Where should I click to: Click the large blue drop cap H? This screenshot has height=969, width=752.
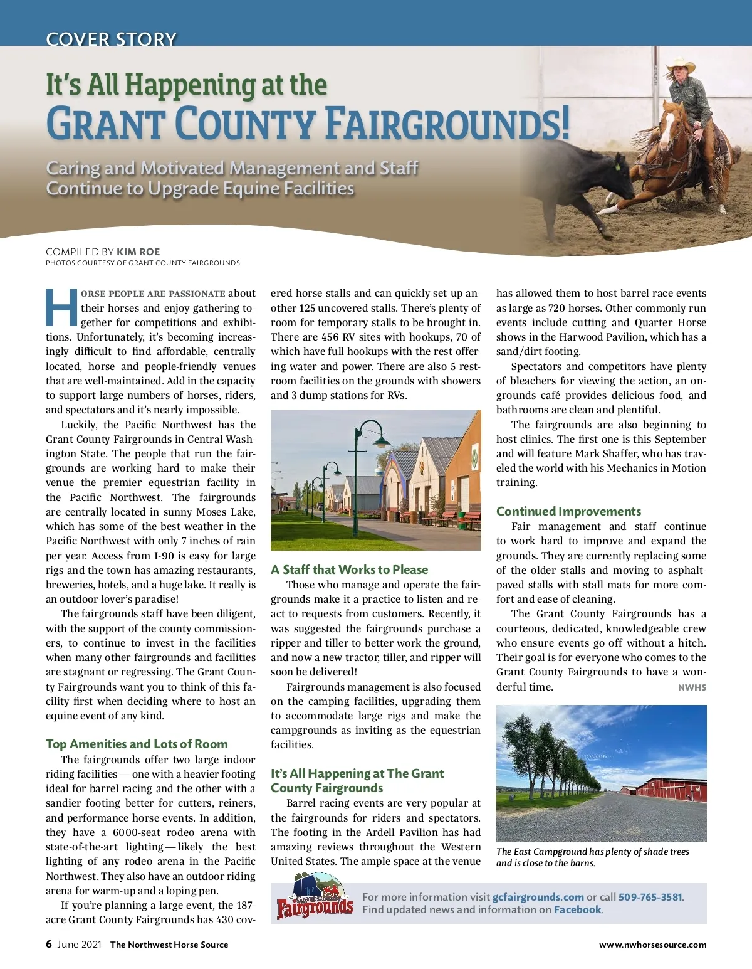[61, 308]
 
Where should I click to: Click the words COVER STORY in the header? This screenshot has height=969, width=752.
[111, 39]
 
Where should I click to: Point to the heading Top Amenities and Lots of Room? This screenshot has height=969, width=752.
[137, 744]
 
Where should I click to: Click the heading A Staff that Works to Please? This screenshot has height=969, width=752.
[349, 569]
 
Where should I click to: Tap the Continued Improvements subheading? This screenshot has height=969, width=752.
[568, 511]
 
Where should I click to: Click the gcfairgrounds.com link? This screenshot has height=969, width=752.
[538, 897]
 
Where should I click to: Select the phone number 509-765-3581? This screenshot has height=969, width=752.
[650, 897]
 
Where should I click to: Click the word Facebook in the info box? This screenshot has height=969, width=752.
[577, 909]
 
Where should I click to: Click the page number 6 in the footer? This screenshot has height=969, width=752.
[49, 944]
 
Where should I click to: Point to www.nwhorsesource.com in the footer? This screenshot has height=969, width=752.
[652, 945]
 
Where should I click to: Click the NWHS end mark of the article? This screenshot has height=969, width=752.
[692, 687]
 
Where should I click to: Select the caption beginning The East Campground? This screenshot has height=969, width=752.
[592, 857]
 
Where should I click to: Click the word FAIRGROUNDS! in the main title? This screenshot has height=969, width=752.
[447, 124]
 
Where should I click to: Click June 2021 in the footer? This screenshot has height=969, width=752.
[79, 945]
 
